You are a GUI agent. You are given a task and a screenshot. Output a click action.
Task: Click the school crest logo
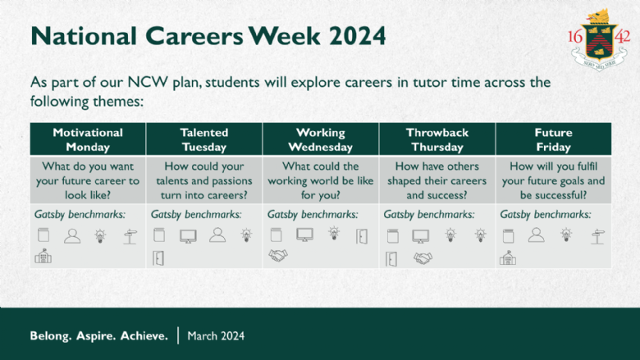pos(599,40)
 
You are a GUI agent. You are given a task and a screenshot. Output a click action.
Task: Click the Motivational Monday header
pos(88,139)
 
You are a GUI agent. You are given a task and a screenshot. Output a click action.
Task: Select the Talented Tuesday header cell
pos(204,139)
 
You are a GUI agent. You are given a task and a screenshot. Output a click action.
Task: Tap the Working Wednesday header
pos(320,139)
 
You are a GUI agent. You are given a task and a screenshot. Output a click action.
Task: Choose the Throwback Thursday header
pos(437,139)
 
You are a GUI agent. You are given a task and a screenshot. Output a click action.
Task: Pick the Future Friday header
pos(554,139)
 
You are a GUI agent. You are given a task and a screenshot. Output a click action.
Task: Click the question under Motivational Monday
pos(88,180)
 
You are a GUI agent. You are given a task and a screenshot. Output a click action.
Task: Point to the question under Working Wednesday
pos(320,180)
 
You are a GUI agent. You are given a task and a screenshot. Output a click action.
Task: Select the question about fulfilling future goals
pos(554,180)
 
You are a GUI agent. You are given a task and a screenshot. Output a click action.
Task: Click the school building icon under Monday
pos(43,256)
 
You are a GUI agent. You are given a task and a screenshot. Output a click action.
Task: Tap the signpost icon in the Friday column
pos(597,236)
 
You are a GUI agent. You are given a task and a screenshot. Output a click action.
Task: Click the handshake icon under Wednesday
pos(278,256)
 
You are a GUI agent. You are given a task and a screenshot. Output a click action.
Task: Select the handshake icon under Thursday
pos(423,258)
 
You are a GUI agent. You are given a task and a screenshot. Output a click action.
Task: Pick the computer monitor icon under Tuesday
pos(188,236)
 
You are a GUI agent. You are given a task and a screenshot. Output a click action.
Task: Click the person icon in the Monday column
pos(72,236)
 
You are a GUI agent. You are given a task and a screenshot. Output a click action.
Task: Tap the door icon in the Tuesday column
pos(158,258)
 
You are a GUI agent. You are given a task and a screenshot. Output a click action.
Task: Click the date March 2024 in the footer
pos(216,336)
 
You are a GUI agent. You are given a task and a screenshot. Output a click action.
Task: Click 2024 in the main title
pos(358,36)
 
